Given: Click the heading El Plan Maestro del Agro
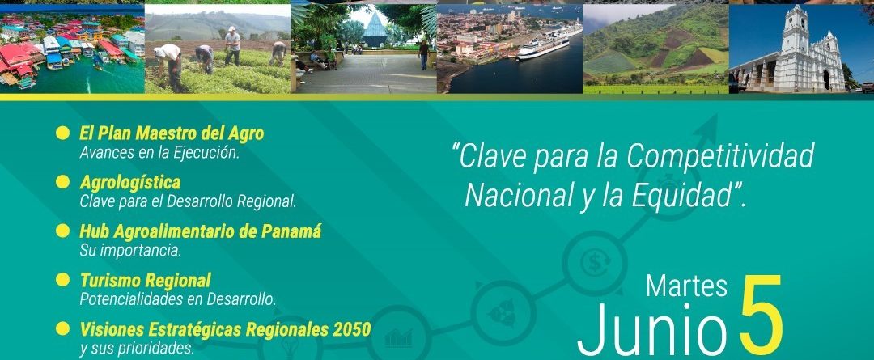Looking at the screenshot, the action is coord(172,133).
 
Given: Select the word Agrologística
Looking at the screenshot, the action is coord(129,183).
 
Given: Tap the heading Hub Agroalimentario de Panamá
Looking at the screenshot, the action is coord(201,231).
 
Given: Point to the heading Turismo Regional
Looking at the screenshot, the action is coord(146,280).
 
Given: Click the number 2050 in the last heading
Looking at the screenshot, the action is coord(352,329).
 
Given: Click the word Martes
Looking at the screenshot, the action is coord(687,286).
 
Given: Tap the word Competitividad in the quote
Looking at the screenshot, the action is coord(720,157).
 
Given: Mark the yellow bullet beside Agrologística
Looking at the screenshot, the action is coord(63,182).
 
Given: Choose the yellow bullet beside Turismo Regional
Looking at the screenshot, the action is coord(63,279).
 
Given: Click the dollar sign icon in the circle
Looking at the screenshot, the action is coord(595,262).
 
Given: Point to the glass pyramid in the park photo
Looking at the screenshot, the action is coord(375,30).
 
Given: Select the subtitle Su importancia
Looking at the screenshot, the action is coord(130,251).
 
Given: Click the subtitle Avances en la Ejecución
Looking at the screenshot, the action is coord(159,153).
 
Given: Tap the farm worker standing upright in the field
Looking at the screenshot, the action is coord(232,45).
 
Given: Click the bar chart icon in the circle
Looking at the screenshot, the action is coord(398,337).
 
